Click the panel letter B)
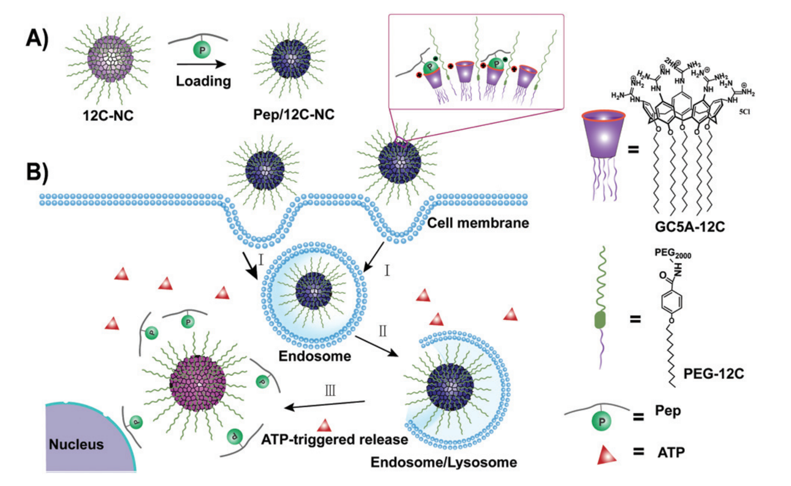(x=37, y=172)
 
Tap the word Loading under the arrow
(x=203, y=81)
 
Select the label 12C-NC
(x=108, y=115)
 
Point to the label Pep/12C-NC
(x=294, y=114)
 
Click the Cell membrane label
(x=478, y=223)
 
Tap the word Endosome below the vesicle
(x=314, y=356)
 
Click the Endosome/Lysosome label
(x=444, y=462)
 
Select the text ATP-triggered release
(x=334, y=440)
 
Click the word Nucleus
(x=76, y=444)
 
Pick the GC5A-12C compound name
(x=690, y=227)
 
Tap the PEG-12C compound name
(x=713, y=373)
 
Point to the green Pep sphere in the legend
(x=602, y=421)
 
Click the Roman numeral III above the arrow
(x=330, y=391)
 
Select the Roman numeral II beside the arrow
(x=383, y=331)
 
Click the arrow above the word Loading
(x=201, y=65)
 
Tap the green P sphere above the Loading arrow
(x=202, y=50)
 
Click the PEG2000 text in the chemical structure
(x=672, y=253)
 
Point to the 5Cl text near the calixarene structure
(x=744, y=112)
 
